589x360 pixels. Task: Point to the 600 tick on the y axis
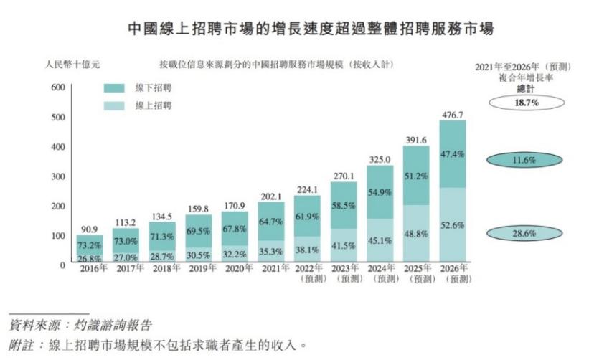(57, 87)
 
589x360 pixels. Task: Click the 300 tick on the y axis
(57, 176)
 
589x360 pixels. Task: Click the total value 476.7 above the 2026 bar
(452, 115)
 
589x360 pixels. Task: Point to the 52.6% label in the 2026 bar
(452, 225)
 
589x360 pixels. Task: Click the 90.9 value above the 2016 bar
(89, 229)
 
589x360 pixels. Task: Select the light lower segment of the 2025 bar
(416, 234)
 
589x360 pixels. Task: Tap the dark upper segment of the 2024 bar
(380, 191)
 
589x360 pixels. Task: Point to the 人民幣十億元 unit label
(72, 65)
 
